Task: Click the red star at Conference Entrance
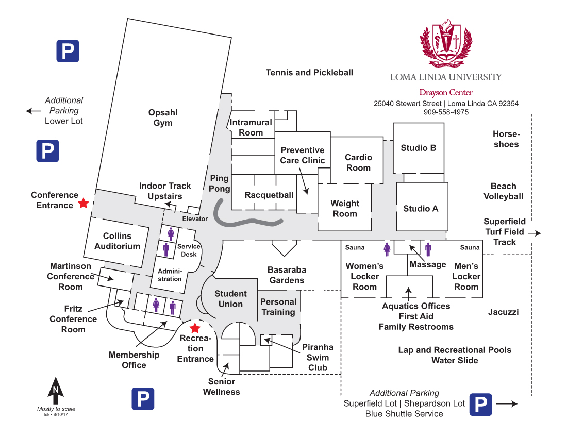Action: [84, 203]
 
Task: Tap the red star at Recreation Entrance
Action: [195, 328]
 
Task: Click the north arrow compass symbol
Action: [56, 391]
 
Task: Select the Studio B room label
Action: [419, 148]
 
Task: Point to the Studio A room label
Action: [421, 209]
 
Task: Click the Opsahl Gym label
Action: [163, 117]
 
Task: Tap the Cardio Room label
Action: [358, 162]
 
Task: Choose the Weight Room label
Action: [345, 209]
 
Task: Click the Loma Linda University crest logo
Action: [446, 43]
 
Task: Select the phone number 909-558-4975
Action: [446, 112]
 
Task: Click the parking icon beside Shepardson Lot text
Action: [480, 405]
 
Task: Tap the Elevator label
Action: [195, 218]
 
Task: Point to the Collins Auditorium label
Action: [117, 241]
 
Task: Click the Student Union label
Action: [231, 299]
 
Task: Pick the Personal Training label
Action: [278, 307]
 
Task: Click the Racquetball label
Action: [269, 195]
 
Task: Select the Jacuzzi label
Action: [504, 312]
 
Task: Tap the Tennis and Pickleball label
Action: [310, 73]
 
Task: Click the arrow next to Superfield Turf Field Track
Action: [535, 233]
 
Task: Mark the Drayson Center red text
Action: [446, 93]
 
